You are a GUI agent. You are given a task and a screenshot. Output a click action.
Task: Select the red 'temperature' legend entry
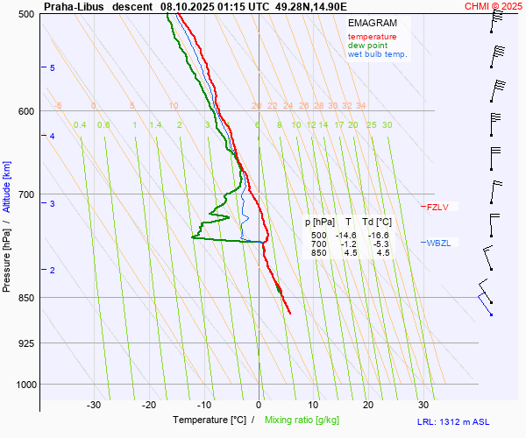click(x=372, y=37)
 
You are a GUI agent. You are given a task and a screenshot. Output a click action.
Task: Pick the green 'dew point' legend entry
click(x=368, y=46)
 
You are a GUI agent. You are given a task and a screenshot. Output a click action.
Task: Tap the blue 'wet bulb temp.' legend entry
click(x=378, y=54)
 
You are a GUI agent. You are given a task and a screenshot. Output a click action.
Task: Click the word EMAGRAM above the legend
click(x=371, y=23)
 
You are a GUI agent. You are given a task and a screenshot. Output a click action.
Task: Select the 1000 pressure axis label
click(x=25, y=384)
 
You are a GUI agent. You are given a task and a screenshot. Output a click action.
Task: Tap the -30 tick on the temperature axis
click(x=94, y=405)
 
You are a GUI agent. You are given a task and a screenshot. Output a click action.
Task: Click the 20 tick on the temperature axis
click(x=368, y=405)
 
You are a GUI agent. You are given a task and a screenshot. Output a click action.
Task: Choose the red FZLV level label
click(x=437, y=208)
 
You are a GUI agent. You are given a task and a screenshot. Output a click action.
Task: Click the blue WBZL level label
click(x=438, y=243)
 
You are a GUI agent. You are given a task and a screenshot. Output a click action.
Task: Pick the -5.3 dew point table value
click(x=379, y=244)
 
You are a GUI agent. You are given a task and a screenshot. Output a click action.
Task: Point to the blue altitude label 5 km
click(x=53, y=68)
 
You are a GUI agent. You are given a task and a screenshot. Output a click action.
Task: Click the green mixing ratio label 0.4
click(x=80, y=125)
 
